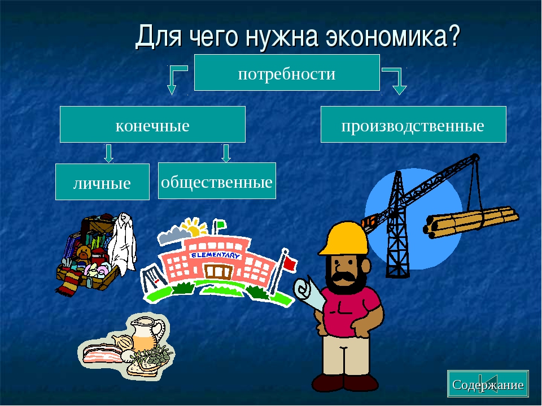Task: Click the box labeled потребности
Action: point(287,73)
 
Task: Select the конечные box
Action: point(152,124)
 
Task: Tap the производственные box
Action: point(413,124)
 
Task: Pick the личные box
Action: point(102,182)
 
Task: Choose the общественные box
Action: point(217,180)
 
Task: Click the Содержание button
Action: point(488,383)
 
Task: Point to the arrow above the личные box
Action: point(108,153)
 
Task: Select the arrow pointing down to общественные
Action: point(226,153)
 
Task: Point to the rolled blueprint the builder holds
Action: point(309,293)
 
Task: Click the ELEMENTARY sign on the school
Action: point(215,255)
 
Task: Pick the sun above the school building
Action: point(194,227)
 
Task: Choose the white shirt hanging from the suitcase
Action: point(122,242)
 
